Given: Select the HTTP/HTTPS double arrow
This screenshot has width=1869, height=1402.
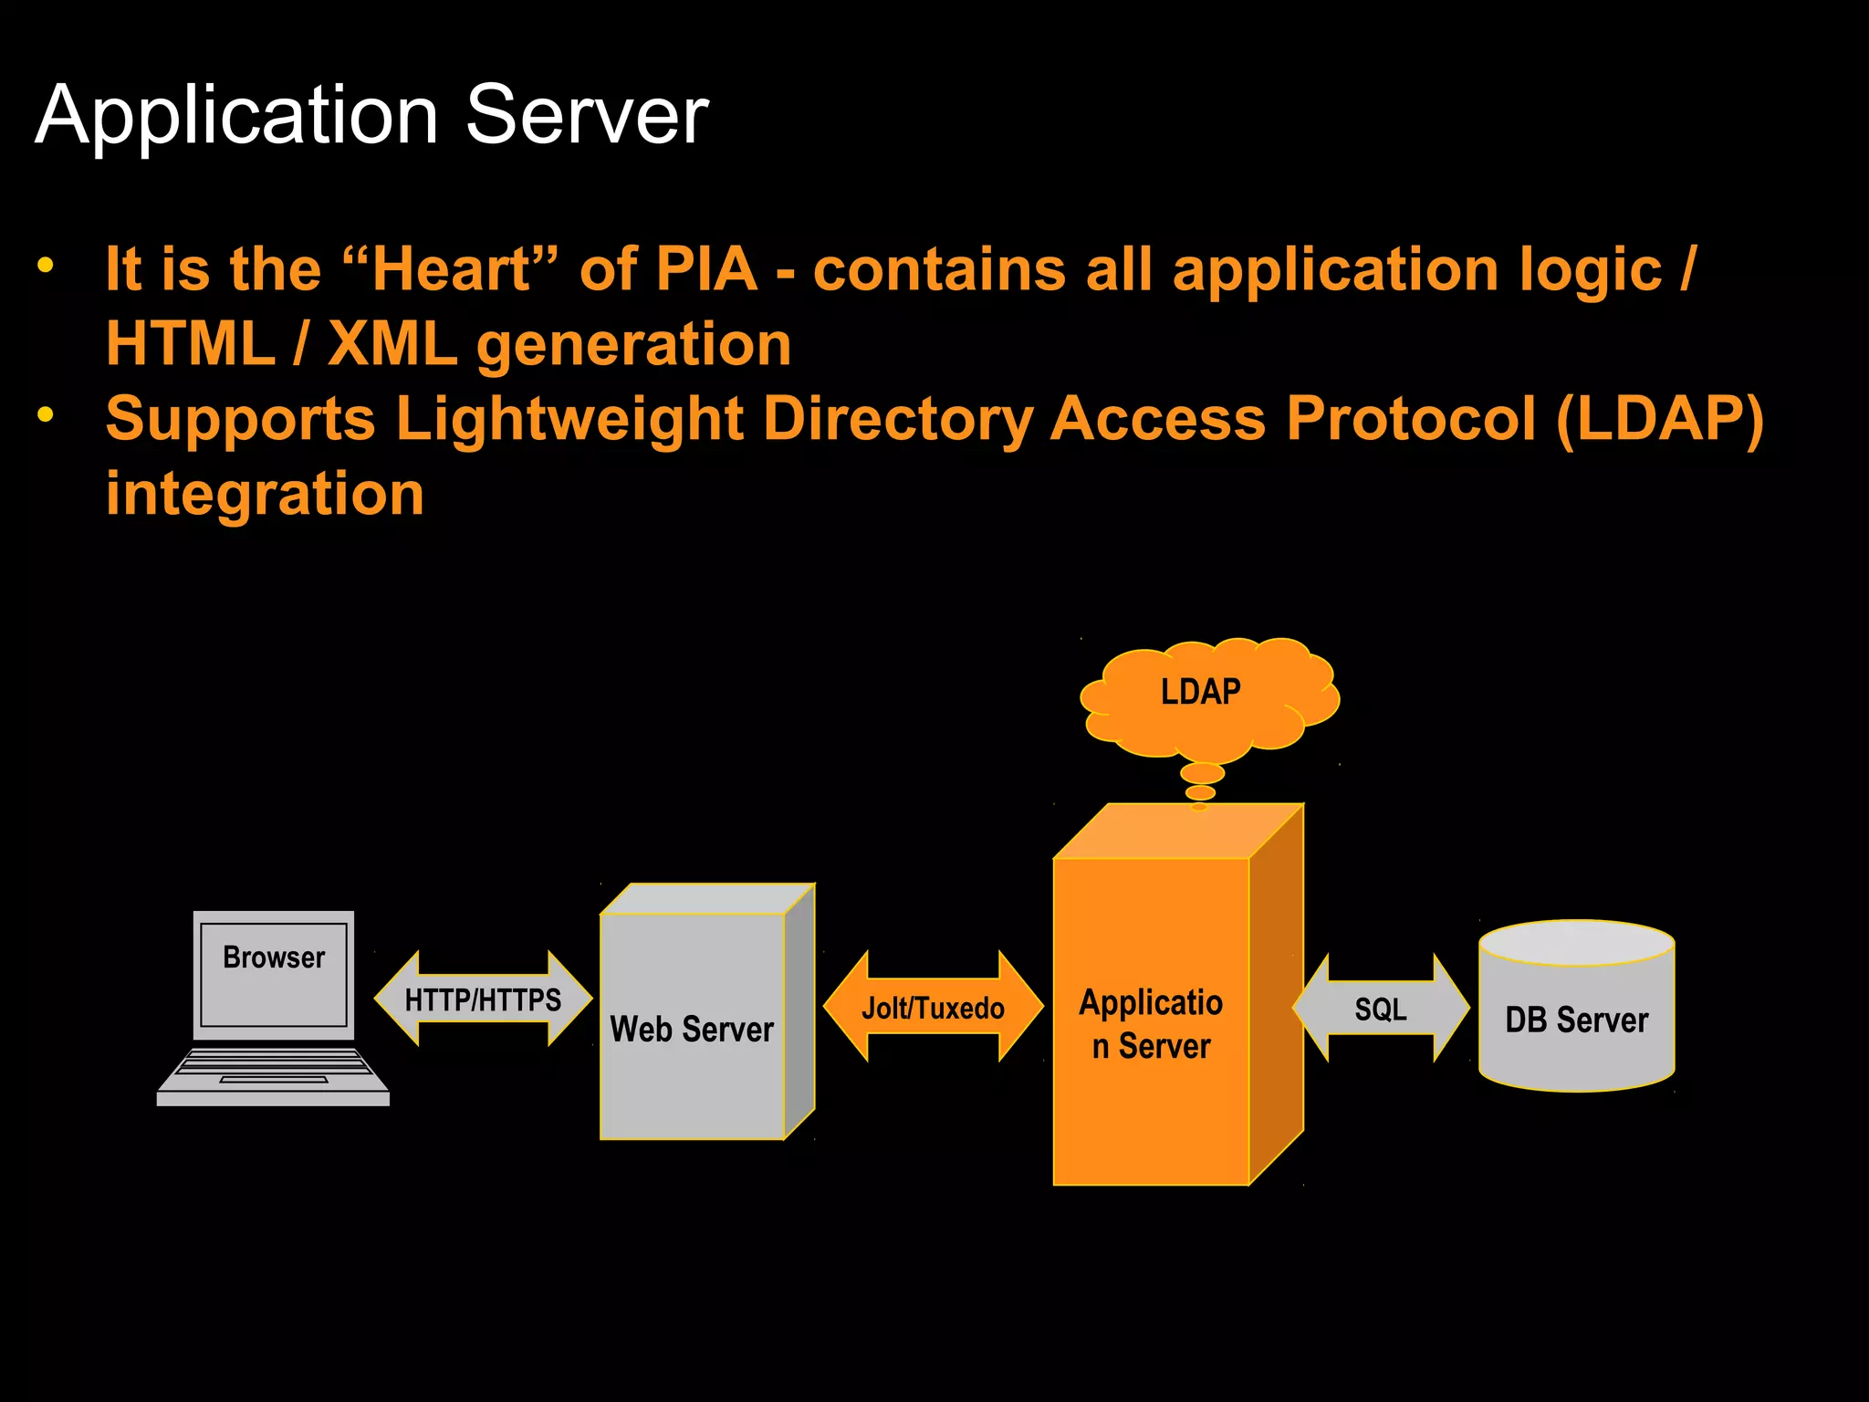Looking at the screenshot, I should click(483, 999).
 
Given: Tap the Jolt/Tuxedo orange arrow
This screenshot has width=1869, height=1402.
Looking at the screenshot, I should click(933, 1008).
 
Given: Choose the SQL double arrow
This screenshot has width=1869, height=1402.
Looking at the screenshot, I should click(1380, 1009).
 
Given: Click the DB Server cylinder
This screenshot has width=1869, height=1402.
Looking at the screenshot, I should click(1576, 1019).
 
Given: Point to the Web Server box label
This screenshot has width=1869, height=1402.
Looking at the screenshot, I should click(692, 1029).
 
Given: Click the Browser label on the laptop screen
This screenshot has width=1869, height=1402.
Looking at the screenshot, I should click(274, 957).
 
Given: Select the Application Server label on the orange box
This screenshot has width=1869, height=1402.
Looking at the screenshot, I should click(1151, 1024).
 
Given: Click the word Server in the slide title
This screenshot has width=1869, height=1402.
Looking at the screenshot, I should click(587, 115).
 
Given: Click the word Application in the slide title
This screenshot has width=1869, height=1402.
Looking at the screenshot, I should click(237, 117).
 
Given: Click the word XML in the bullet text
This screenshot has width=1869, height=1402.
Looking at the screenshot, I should click(392, 344).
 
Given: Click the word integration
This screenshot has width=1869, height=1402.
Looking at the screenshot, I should click(265, 494).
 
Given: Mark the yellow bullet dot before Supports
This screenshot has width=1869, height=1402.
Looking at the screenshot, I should click(46, 415).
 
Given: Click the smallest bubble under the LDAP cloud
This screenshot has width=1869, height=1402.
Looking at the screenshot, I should click(1199, 807).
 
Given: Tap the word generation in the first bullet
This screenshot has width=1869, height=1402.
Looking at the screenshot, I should click(633, 344).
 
